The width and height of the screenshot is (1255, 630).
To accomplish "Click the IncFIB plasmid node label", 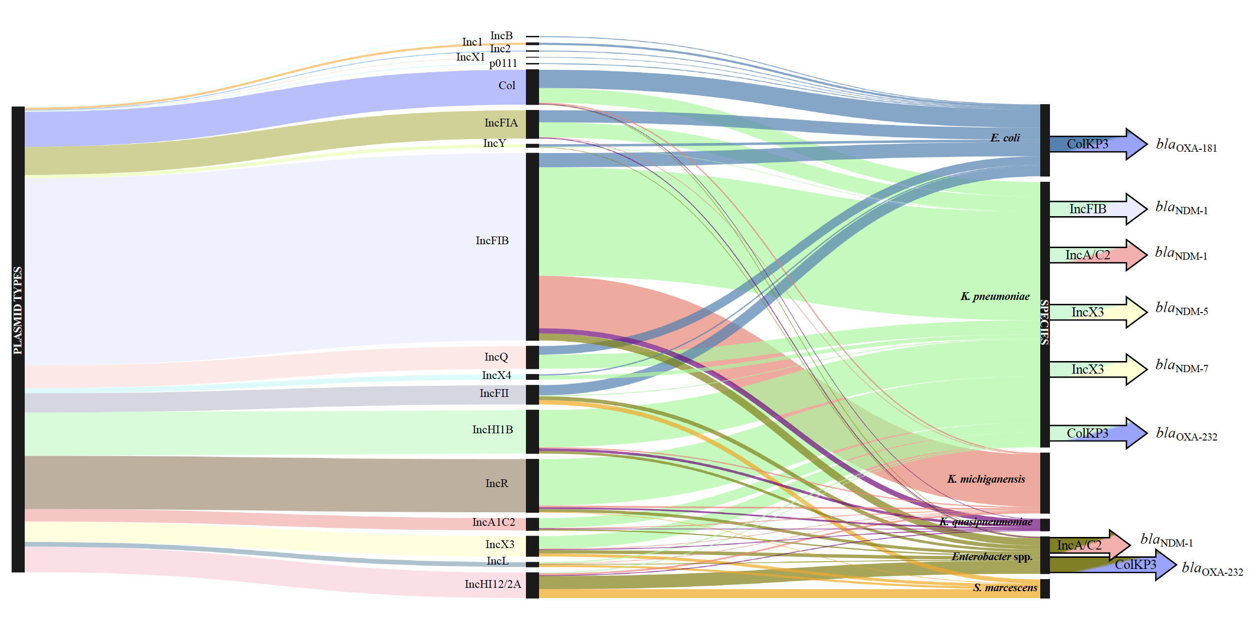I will [x=492, y=241].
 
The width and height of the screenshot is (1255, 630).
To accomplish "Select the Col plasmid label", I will [x=506, y=86].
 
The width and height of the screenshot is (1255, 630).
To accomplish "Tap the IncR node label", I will [x=496, y=483].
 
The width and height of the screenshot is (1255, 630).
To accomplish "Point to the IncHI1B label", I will [x=492, y=430].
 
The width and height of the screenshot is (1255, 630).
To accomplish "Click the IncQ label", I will [x=495, y=357].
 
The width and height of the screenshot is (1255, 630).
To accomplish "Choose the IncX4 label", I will [x=496, y=376].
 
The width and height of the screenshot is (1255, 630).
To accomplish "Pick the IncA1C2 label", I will [x=493, y=522].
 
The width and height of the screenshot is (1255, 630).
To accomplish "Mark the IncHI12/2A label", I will [x=492, y=584].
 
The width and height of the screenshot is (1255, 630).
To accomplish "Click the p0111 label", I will [x=503, y=63].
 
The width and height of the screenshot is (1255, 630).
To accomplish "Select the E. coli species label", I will [x=1004, y=138].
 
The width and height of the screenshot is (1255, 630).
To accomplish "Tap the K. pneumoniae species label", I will [x=995, y=297].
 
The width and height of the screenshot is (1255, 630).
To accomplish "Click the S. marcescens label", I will [x=1004, y=588].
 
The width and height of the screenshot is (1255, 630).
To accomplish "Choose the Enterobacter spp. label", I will [x=992, y=557].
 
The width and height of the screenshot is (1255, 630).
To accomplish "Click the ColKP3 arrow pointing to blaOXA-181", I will [x=1096, y=144].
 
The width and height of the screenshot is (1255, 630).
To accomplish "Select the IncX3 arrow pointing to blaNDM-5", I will [x=1096, y=312].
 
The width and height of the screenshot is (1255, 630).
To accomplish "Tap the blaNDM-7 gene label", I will [x=1181, y=366].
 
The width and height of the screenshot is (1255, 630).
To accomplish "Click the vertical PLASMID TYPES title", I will [x=17, y=310].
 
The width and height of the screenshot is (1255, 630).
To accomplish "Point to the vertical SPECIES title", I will [x=1045, y=322].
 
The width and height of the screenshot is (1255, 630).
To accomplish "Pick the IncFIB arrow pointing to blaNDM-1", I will [x=1096, y=209].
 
